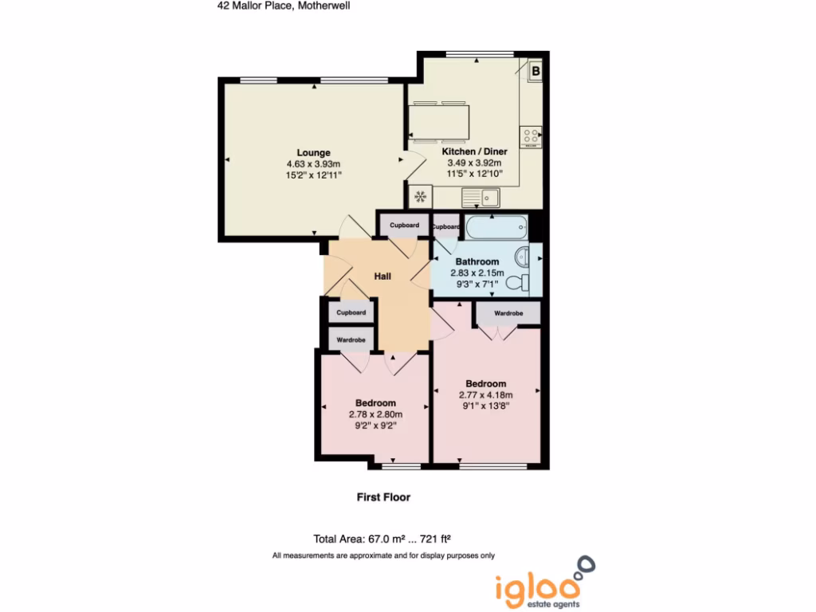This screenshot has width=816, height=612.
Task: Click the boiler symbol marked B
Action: (x=535, y=72)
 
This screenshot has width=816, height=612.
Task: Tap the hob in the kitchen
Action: (x=531, y=137)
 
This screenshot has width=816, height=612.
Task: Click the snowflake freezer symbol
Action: (x=420, y=196)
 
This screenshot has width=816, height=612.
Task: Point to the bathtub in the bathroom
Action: (x=496, y=229)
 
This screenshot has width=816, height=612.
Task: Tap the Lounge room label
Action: (x=313, y=153)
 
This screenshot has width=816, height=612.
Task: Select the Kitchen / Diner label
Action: (x=474, y=151)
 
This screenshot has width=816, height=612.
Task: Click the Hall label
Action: (x=382, y=277)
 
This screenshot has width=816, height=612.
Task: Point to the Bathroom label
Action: (x=477, y=261)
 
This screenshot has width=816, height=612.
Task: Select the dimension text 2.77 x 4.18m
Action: (x=485, y=394)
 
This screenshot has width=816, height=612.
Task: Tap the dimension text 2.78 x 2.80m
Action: (x=375, y=414)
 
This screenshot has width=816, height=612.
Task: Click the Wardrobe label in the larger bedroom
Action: (x=508, y=314)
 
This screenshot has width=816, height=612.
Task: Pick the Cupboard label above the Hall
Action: (x=404, y=226)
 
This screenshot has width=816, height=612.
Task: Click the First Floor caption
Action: (x=383, y=497)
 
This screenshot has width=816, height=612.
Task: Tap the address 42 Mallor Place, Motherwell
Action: (x=284, y=5)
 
